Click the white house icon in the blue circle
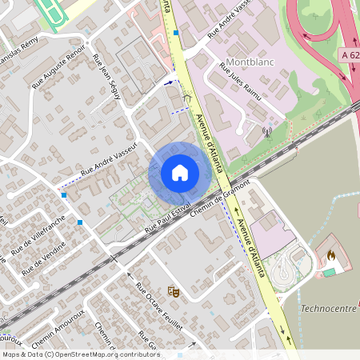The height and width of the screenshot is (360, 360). (x=180, y=172)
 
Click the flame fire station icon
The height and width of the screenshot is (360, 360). (x=330, y=254)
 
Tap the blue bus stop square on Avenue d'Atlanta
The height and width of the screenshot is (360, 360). (x=175, y=33)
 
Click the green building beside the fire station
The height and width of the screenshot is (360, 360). (x=329, y=272)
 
